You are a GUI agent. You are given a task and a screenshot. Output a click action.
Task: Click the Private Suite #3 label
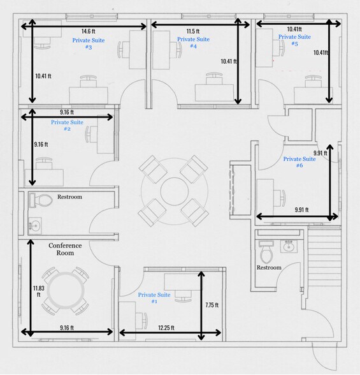pyautogui.click(x=89, y=43)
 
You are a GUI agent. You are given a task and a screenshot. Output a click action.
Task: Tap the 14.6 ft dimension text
pyautogui.click(x=89, y=31)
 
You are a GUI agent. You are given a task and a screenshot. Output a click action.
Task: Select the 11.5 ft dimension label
pyautogui.click(x=193, y=31)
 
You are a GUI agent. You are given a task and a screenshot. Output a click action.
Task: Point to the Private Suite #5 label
pyautogui.click(x=294, y=40)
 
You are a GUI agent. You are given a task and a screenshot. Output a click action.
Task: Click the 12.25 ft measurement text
pyautogui.click(x=166, y=328)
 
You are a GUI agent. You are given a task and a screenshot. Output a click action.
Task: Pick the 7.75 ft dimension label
pyautogui.click(x=212, y=305)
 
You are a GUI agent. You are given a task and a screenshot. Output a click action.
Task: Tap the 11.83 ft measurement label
pyautogui.click(x=38, y=291)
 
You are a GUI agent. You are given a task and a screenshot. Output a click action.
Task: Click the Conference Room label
pyautogui.click(x=65, y=249)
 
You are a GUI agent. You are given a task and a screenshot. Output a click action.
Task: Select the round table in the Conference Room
pyautogui.click(x=66, y=291)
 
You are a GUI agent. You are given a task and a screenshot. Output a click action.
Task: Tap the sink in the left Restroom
pyautogui.click(x=35, y=226)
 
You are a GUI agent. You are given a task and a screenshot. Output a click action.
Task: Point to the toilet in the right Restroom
pyautogui.click(x=266, y=252)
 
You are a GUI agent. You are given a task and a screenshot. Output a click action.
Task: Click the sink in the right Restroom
pyautogui.click(x=289, y=246)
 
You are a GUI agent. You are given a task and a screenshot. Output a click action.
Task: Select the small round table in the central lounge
pyautogui.click(x=175, y=191)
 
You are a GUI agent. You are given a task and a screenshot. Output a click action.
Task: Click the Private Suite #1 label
pyautogui.click(x=154, y=298)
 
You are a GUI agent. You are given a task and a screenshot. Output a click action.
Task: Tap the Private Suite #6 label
pyautogui.click(x=299, y=162)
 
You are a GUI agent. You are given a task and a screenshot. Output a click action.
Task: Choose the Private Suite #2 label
pyautogui.click(x=67, y=125)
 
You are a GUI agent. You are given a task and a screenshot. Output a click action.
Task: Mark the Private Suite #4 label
pyautogui.click(x=193, y=42)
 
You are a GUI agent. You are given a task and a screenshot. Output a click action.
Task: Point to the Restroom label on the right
pyautogui.click(x=269, y=267)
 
